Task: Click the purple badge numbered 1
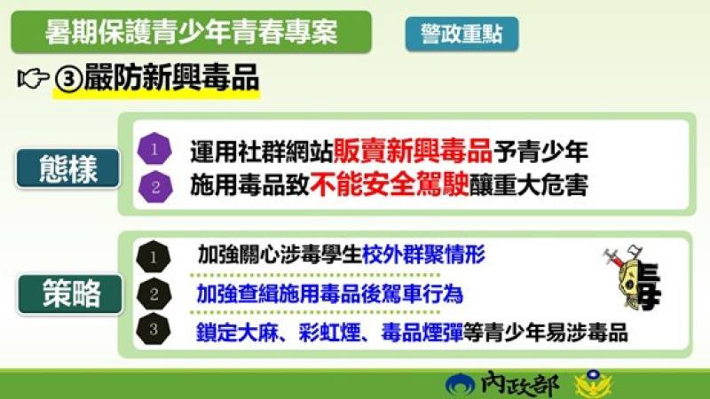pos(154,149)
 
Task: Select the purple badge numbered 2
pos(154,186)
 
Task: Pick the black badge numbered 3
pos(154,330)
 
